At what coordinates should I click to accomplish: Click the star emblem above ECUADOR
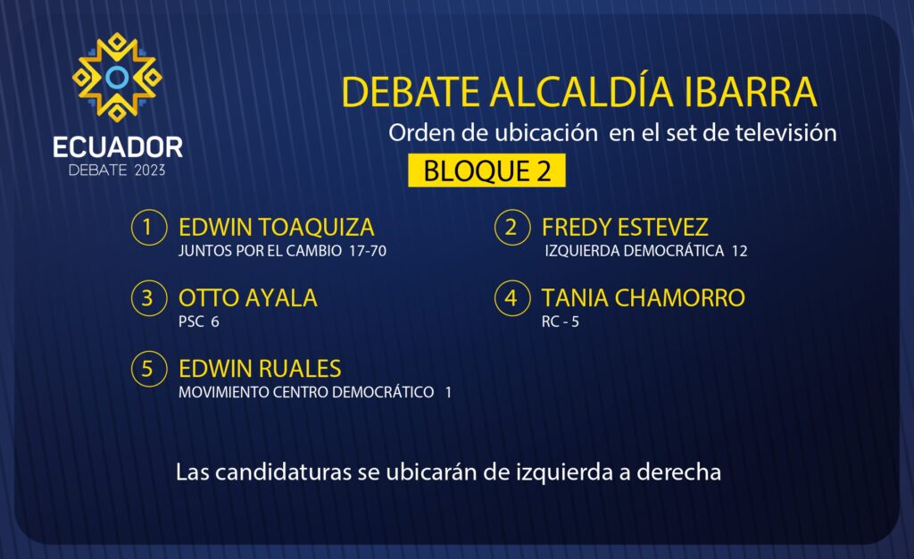[x=117, y=77]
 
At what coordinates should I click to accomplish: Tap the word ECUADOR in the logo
[x=118, y=147]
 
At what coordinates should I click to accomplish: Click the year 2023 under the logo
[x=150, y=171]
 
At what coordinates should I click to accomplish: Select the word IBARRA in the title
[x=750, y=92]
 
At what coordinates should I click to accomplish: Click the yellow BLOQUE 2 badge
[x=486, y=171]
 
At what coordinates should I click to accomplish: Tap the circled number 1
[x=149, y=227]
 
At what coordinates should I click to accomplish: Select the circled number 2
[x=511, y=227]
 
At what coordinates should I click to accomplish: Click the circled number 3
[x=149, y=298]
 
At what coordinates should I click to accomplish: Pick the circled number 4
[x=511, y=298]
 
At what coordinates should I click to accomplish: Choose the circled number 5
[x=149, y=369]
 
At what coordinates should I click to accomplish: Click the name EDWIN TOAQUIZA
[x=277, y=228]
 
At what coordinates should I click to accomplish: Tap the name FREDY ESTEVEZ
[x=625, y=227]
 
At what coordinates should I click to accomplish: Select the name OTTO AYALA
[x=248, y=298]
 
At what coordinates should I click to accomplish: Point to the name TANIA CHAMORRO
[x=643, y=298]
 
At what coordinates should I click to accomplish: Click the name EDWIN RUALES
[x=260, y=369]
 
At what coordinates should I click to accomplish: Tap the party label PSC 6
[x=199, y=321]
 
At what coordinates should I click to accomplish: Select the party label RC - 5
[x=561, y=321]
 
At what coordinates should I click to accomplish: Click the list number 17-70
[x=368, y=251]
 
